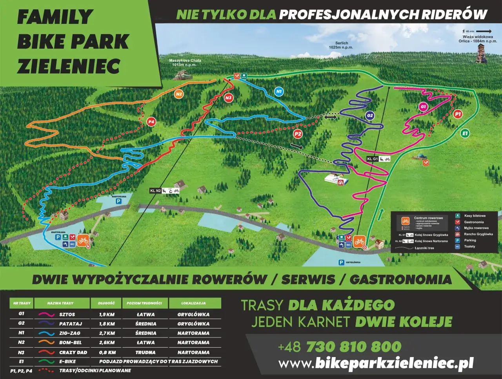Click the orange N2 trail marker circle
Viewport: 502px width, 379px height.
[x=179, y=94]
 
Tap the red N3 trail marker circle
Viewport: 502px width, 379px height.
[x=228, y=98]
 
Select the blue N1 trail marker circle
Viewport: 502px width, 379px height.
[x=279, y=92]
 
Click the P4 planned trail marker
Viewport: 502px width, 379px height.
[x=151, y=122]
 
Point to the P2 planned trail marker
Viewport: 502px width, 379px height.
[x=298, y=134]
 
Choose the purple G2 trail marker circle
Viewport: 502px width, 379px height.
[x=369, y=116]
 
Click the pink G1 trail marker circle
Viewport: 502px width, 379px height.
[x=423, y=106]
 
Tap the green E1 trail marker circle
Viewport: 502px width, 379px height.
[x=465, y=134]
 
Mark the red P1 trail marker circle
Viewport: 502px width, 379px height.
[x=457, y=114]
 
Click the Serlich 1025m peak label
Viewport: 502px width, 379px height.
[x=341, y=45]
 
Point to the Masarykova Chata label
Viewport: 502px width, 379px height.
[x=185, y=63]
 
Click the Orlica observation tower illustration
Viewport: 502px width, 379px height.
[x=480, y=53]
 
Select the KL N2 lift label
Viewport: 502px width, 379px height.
[x=156, y=191]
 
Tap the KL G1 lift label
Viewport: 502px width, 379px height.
[x=373, y=159]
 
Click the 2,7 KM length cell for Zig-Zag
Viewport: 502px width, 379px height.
[x=107, y=333]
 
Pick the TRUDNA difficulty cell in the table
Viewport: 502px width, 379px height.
[x=145, y=352]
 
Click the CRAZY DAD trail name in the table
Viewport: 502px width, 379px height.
[x=73, y=352]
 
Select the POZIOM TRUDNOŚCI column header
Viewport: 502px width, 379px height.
[x=144, y=303]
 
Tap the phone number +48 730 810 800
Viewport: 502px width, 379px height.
[x=339, y=347]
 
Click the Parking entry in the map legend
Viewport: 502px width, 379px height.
[x=470, y=240]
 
